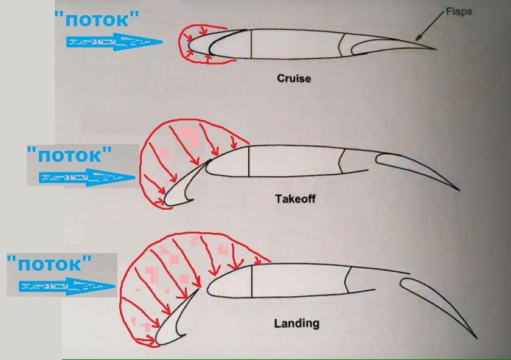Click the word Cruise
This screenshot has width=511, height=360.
[x=294, y=78]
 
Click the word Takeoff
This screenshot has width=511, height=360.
[x=295, y=199]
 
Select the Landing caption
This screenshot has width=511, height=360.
[x=297, y=324]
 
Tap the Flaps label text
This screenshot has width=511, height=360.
[x=459, y=12]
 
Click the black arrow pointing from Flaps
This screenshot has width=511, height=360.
[x=429, y=26]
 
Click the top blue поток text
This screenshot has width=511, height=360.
[x=97, y=19]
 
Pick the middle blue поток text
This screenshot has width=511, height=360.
[x=69, y=154]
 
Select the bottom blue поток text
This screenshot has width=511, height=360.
[x=49, y=263]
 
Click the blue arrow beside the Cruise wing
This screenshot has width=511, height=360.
[x=114, y=42]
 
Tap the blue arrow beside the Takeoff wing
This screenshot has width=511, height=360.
[x=87, y=178]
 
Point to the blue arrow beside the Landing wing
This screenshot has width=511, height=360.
[x=67, y=286]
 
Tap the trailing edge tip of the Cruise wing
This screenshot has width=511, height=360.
[x=436, y=49]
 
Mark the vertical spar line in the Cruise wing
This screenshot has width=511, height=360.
[x=251, y=44]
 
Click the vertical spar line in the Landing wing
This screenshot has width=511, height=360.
[x=252, y=281]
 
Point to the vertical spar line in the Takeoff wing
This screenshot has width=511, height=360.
[x=249, y=161]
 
